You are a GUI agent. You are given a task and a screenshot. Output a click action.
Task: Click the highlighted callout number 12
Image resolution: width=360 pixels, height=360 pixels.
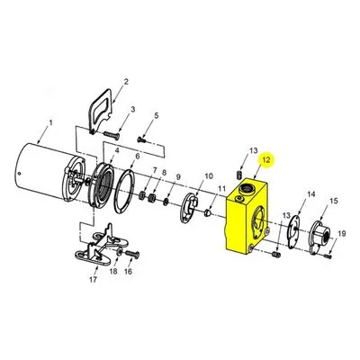click(x=266, y=160)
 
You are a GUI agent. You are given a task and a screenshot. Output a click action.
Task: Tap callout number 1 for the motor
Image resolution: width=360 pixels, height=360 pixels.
click(x=50, y=122)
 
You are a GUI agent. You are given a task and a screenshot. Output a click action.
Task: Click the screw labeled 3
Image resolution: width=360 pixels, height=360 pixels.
click(x=112, y=136)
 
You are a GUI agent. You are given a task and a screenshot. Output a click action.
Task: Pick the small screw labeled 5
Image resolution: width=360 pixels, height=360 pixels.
click(x=142, y=139)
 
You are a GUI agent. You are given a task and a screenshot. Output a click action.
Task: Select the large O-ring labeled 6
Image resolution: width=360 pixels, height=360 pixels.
click(x=124, y=192)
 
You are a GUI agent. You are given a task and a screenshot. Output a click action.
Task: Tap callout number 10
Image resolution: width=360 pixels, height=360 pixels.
click(x=209, y=176)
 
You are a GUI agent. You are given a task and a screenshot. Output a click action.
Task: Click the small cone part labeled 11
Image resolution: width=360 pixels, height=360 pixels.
click(x=208, y=213)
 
